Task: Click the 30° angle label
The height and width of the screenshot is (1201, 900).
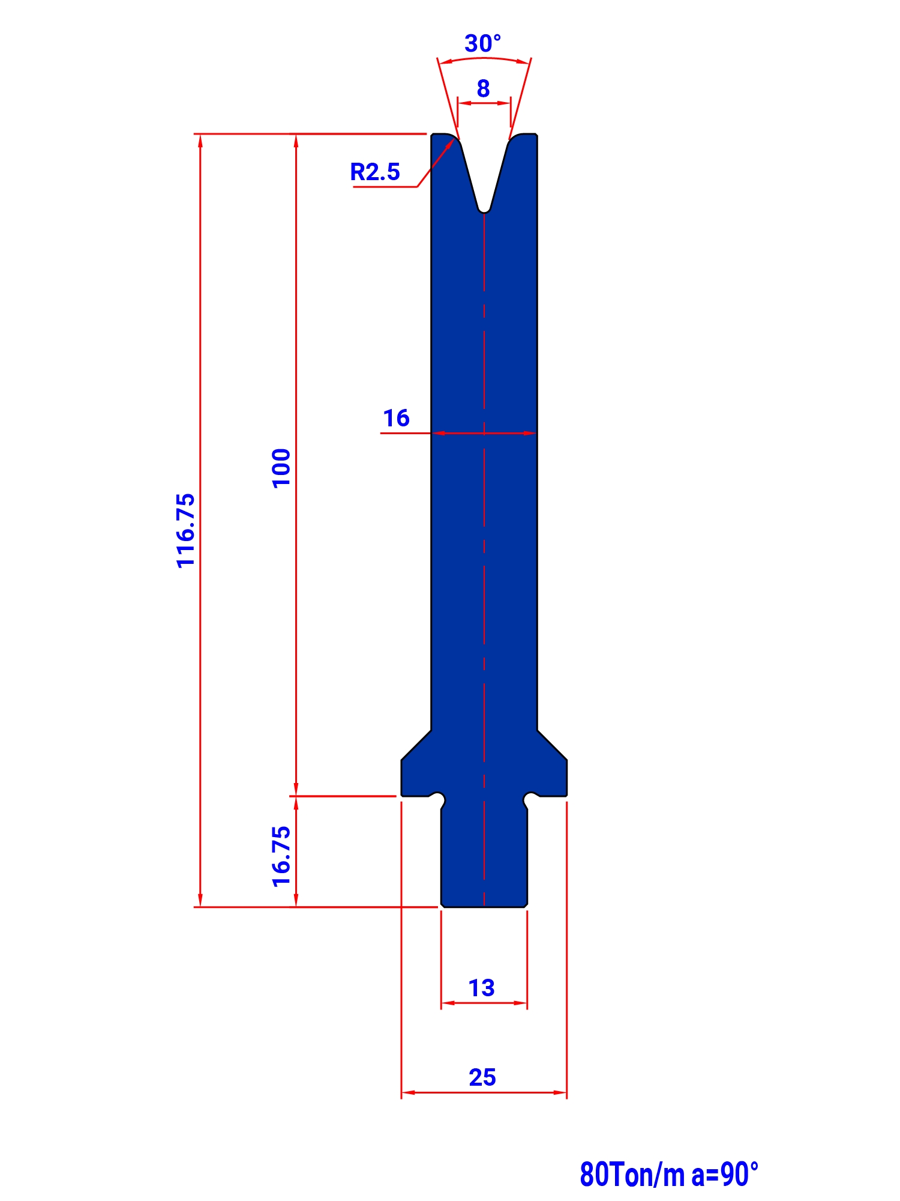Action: click(482, 43)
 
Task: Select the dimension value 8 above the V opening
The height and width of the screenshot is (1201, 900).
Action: click(483, 89)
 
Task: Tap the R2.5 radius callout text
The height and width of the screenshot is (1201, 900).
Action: click(375, 172)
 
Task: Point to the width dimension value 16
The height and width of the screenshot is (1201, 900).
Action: click(396, 418)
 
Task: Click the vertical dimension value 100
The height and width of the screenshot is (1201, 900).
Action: click(281, 468)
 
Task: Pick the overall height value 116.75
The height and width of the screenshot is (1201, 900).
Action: click(186, 530)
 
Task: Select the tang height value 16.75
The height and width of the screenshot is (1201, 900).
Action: click(281, 856)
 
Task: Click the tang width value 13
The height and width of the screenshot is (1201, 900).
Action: click(481, 988)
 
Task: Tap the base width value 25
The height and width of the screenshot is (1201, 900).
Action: click(482, 1077)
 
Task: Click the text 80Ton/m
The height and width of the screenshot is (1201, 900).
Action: click(632, 1175)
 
